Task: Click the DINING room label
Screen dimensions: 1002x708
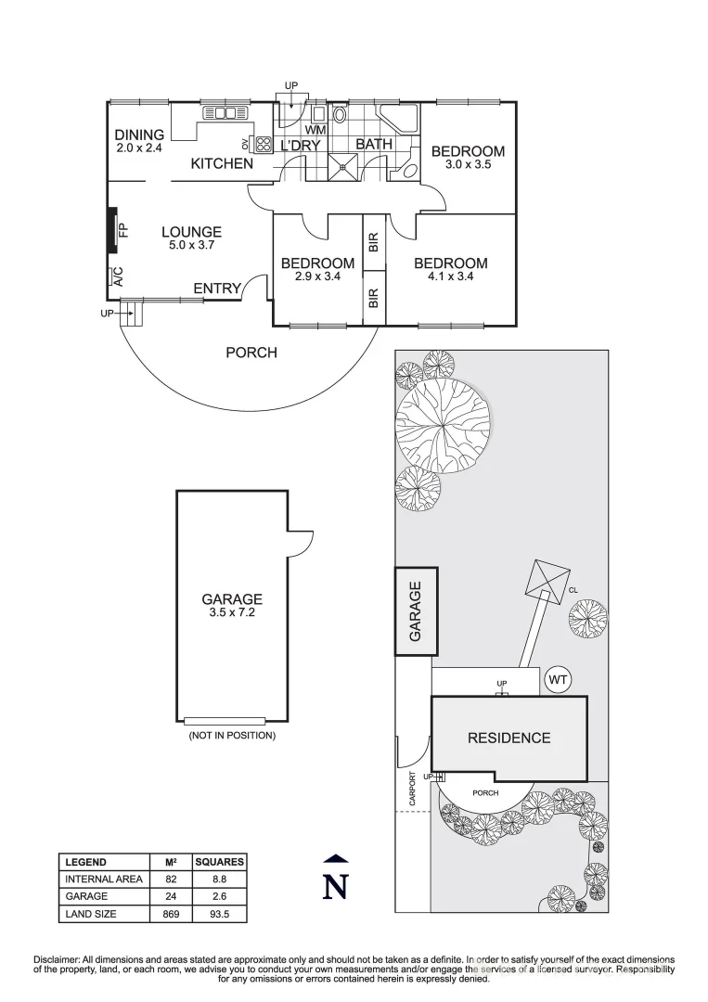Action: tap(140, 135)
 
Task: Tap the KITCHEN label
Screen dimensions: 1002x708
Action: tap(222, 164)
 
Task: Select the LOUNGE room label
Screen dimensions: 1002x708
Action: tap(191, 232)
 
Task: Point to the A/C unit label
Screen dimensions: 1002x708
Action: tap(117, 276)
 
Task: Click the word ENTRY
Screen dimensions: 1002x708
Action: tap(217, 289)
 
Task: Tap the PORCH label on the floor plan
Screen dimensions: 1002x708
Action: tap(251, 353)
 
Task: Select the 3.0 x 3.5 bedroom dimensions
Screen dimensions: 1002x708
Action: tap(468, 164)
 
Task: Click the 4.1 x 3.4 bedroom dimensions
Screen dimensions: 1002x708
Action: tap(450, 276)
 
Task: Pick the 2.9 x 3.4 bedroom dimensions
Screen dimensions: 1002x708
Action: tap(317, 276)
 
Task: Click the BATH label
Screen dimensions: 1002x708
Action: tap(374, 145)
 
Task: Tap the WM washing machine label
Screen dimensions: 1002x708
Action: tap(315, 130)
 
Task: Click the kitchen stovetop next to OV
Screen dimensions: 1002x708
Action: tap(259, 144)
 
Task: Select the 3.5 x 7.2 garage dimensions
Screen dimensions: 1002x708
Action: tap(232, 612)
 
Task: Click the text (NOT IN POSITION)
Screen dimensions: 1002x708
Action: tap(232, 736)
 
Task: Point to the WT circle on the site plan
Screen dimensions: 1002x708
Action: tap(558, 680)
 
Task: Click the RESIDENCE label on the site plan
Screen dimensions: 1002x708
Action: tap(508, 739)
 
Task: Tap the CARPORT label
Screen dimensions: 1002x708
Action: tap(412, 789)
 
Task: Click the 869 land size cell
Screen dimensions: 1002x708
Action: tap(171, 914)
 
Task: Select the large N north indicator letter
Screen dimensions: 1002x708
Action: tap(336, 887)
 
